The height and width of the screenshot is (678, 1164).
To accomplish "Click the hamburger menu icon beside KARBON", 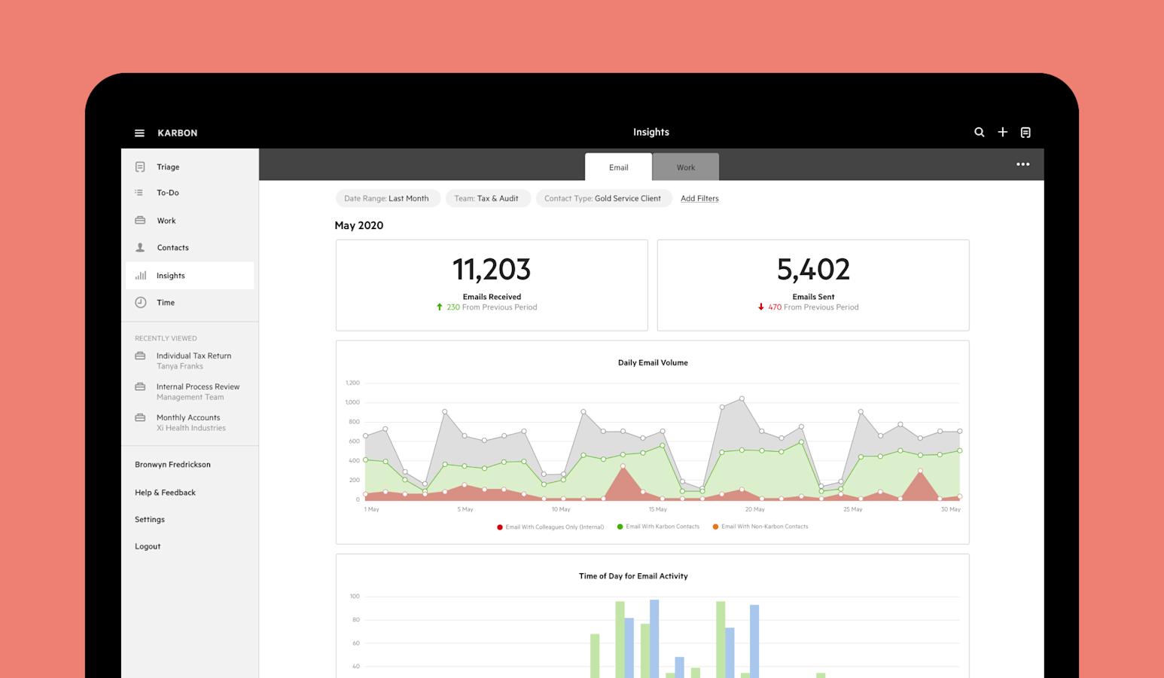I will (139, 133).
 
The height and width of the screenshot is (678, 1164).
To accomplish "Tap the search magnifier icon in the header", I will (979, 133).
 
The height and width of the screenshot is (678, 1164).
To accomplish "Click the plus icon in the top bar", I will (1002, 133).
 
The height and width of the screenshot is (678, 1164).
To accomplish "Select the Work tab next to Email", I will (685, 167).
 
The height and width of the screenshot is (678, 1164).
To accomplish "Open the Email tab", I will (618, 167).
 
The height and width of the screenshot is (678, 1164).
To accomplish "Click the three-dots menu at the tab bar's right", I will (1022, 164).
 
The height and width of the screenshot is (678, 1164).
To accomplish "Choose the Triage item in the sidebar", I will (168, 167).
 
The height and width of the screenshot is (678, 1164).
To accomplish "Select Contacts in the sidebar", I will (172, 248).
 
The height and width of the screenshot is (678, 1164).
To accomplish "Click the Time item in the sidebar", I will (166, 303).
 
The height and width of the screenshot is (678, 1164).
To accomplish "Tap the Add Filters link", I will (699, 199).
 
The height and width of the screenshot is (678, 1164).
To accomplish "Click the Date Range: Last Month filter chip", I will (387, 199).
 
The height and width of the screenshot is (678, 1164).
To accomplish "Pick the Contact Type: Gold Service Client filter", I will (603, 199).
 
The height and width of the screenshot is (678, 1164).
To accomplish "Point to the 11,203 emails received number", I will (491, 270).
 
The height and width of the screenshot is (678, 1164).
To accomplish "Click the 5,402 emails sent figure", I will (813, 270).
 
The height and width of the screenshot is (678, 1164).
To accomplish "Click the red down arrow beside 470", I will (761, 307).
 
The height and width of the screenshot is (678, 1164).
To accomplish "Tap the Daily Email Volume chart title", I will (653, 363).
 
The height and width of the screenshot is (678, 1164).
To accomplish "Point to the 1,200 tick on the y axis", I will (352, 383).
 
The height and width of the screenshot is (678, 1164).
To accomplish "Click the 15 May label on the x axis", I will (657, 510).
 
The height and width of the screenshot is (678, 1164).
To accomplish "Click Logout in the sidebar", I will (148, 547).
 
